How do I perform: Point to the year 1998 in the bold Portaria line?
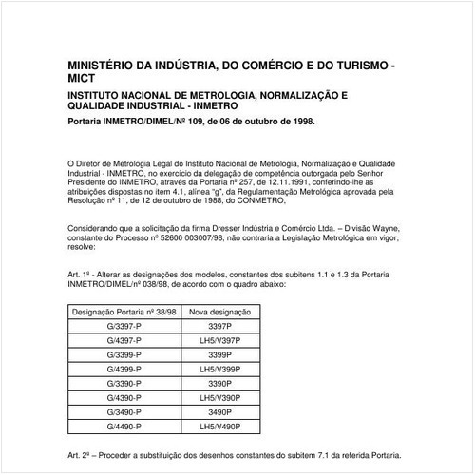297,123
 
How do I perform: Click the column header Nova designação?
219,311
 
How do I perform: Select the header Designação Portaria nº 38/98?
123,311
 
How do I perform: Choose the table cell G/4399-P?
123,368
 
